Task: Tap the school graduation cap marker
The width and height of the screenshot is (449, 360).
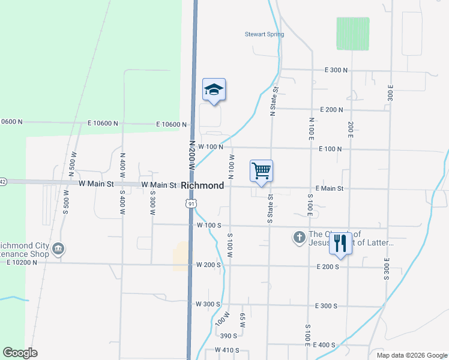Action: pos(214,90)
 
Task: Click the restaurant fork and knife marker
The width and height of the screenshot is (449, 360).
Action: pos(340,243)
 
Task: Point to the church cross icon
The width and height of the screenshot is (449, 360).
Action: pos(299,238)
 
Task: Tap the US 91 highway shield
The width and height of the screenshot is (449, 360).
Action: pos(191,204)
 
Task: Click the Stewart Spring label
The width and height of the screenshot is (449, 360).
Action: pos(264,34)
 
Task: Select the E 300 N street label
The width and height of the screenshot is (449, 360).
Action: pos(336,70)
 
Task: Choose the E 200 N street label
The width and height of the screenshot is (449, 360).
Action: pos(331,110)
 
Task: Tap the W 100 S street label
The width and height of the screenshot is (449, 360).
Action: pos(209,226)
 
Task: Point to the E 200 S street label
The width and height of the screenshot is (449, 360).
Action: pos(328,266)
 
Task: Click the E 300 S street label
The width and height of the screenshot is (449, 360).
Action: pos(326,306)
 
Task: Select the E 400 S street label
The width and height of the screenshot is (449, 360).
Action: pos(324,345)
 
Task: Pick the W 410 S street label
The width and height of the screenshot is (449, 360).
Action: pos(227,350)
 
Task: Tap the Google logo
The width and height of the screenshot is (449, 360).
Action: pos(20,353)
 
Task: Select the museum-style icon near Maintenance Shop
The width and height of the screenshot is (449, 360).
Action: pos(58,248)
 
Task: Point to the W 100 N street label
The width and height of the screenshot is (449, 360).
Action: pos(211,146)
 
